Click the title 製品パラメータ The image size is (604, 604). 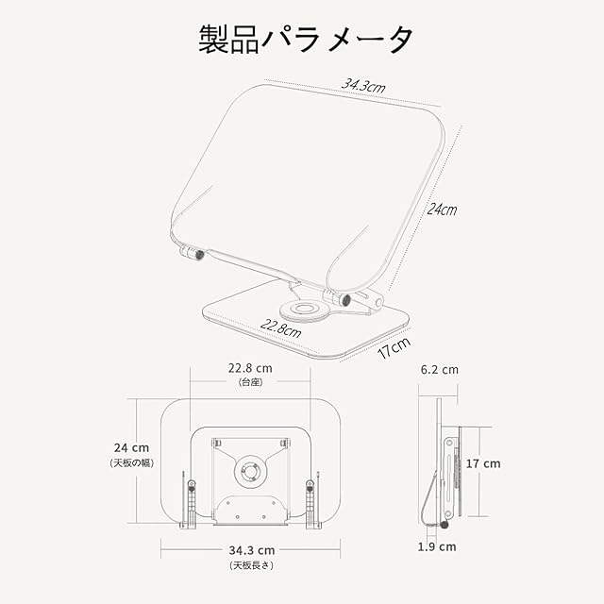(305, 40)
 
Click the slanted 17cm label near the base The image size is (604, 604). (394, 349)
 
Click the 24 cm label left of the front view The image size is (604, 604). (128, 448)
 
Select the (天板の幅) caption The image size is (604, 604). (128, 463)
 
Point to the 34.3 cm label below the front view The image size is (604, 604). (250, 549)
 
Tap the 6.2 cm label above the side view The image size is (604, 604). (439, 369)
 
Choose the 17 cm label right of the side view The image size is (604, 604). (483, 463)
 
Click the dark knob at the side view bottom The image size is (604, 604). (445, 525)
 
